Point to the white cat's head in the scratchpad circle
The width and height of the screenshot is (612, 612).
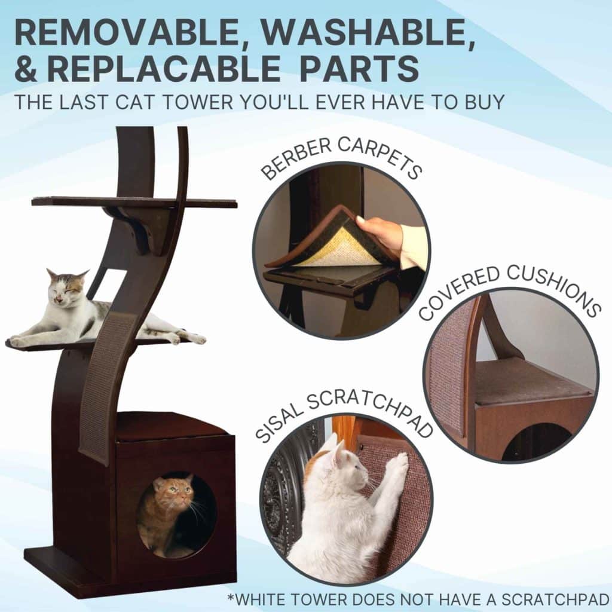tap(344, 466)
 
